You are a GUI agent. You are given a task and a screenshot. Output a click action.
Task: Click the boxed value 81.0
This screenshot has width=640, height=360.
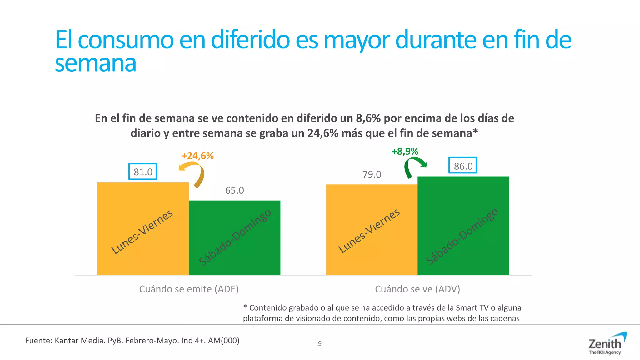(x=143, y=172)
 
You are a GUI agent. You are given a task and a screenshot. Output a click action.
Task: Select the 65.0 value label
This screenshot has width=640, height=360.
(x=234, y=190)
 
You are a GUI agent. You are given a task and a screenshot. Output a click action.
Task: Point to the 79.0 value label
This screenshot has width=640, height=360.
(x=372, y=174)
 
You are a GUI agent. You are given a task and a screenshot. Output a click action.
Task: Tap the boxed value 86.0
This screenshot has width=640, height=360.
(x=463, y=166)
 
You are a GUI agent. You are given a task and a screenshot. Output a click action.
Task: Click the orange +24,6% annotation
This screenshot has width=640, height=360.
(x=197, y=156)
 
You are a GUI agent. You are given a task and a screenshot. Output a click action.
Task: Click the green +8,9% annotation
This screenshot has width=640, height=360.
(x=405, y=152)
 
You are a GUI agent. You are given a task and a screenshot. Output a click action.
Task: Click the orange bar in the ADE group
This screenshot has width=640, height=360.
(x=143, y=228)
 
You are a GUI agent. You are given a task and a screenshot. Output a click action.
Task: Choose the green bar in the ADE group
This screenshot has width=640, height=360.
(x=234, y=237)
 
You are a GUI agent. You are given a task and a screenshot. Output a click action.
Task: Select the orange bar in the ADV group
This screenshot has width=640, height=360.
(x=372, y=230)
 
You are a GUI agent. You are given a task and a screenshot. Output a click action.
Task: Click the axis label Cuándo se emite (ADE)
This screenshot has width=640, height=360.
(x=189, y=289)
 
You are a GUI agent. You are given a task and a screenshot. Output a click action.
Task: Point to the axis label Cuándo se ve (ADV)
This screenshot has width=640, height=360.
(x=417, y=289)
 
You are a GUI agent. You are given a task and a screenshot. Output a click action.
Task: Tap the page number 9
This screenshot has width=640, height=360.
(x=320, y=343)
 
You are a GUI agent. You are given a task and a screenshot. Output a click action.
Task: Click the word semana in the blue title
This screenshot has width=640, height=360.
(x=96, y=64)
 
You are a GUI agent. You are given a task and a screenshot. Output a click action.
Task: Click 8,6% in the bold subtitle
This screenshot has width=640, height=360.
(x=368, y=118)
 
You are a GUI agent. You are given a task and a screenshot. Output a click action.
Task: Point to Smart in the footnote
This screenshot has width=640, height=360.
(x=467, y=308)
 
